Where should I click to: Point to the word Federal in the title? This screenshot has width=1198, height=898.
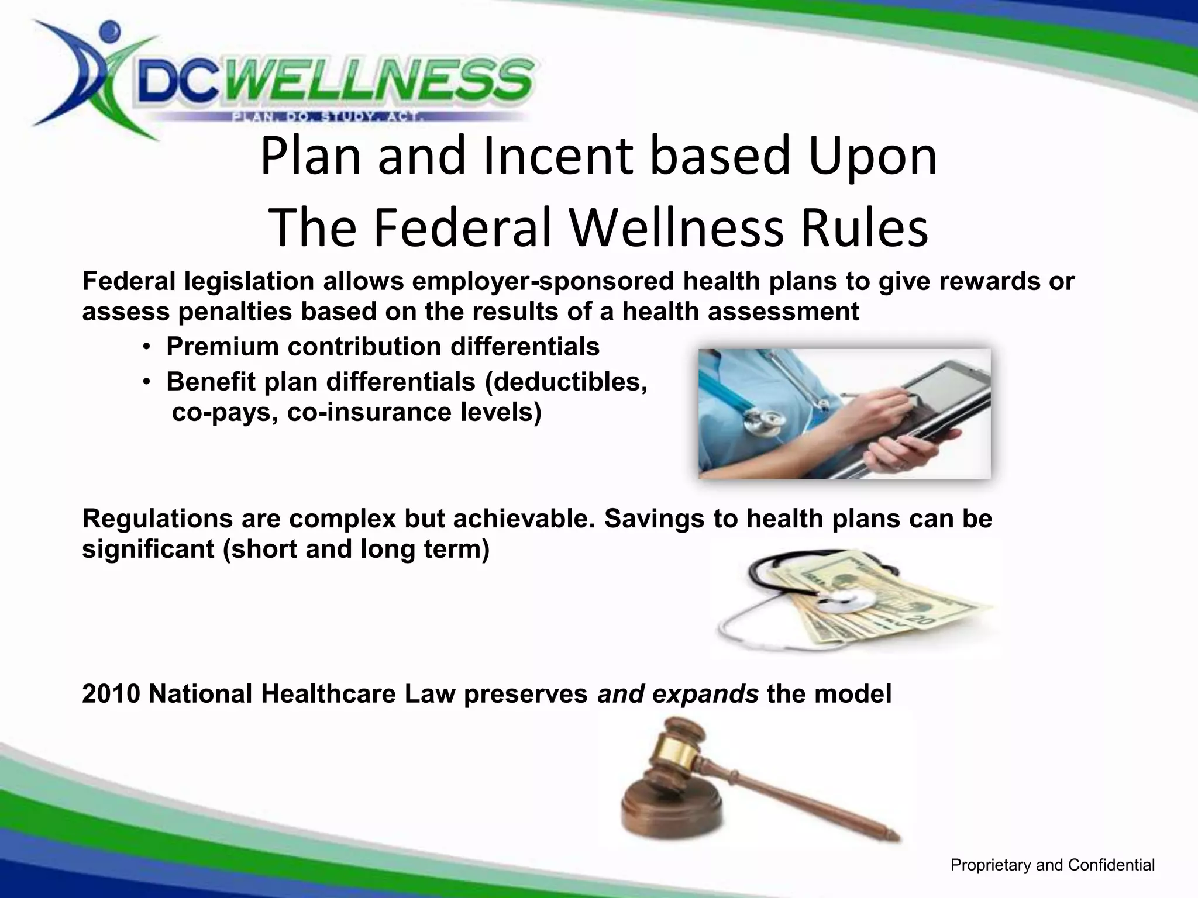coord(462,228)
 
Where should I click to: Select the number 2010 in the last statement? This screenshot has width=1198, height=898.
coord(111,695)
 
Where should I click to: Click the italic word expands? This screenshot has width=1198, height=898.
coord(705,695)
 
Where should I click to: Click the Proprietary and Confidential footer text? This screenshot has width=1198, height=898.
coord(1052,865)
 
